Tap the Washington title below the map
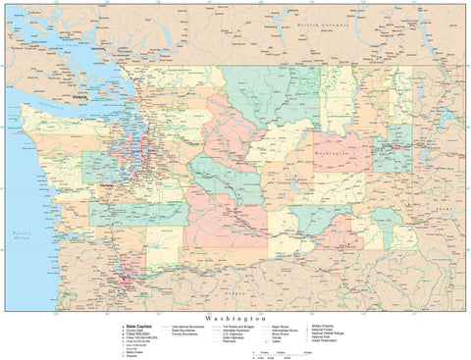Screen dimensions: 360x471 (235, 319)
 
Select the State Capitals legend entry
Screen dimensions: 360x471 (139, 325)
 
